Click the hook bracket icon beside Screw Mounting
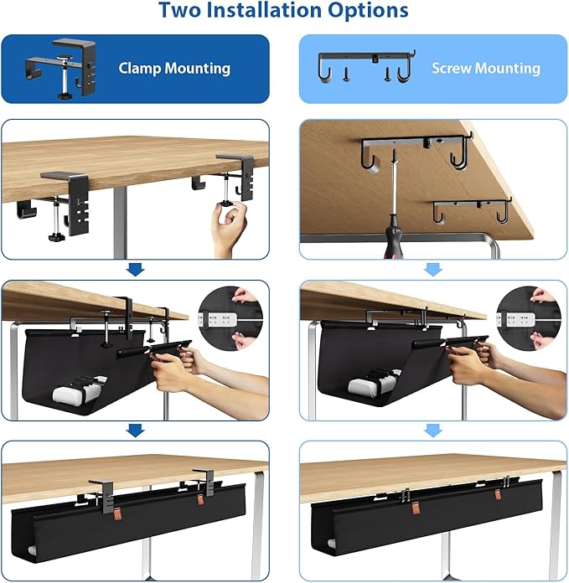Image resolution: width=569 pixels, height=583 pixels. [x=369, y=69]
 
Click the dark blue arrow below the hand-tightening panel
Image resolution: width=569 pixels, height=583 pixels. [x=135, y=270]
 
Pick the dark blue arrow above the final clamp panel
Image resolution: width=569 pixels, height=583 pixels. [x=135, y=431]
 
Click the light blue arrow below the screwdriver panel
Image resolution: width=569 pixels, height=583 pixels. [x=432, y=270]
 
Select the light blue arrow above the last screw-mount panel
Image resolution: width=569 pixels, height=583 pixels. [x=432, y=431]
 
